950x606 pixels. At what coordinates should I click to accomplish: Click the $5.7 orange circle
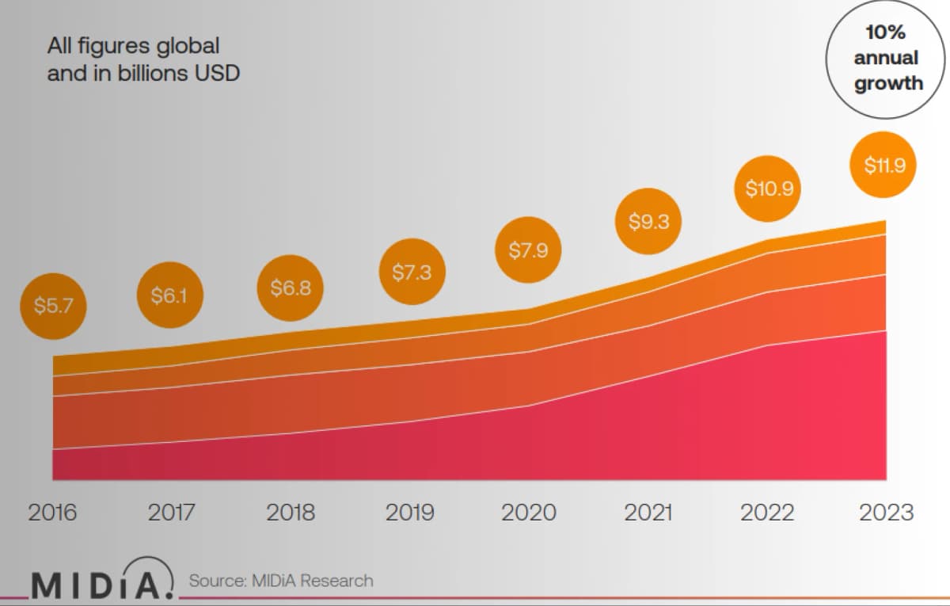click(54, 306)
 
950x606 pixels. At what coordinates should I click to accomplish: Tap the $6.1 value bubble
click(169, 295)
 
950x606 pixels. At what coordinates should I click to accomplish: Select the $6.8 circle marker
click(290, 288)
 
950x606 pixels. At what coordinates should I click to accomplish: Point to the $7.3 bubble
click(412, 272)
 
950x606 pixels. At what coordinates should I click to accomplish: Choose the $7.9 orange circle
click(528, 250)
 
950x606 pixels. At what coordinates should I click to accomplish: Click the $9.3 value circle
click(648, 221)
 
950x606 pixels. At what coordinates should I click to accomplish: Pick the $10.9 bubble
click(768, 189)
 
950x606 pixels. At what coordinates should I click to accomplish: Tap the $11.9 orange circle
click(883, 165)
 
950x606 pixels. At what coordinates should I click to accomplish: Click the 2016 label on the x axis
click(52, 513)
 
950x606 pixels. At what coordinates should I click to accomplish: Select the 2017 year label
click(171, 513)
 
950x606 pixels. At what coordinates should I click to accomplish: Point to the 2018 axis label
click(291, 513)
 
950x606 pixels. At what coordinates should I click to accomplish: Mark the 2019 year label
click(410, 513)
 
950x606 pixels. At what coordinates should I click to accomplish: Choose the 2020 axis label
click(529, 513)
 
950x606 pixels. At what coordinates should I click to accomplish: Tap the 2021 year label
click(648, 513)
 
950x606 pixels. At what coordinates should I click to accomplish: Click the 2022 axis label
click(767, 513)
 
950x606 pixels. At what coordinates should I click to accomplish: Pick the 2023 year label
click(887, 513)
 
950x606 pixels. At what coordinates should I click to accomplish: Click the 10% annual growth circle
click(886, 59)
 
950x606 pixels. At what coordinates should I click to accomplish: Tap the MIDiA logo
click(103, 578)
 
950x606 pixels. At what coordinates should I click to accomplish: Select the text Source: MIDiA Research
click(281, 581)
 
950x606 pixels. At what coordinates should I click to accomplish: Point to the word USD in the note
click(217, 73)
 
